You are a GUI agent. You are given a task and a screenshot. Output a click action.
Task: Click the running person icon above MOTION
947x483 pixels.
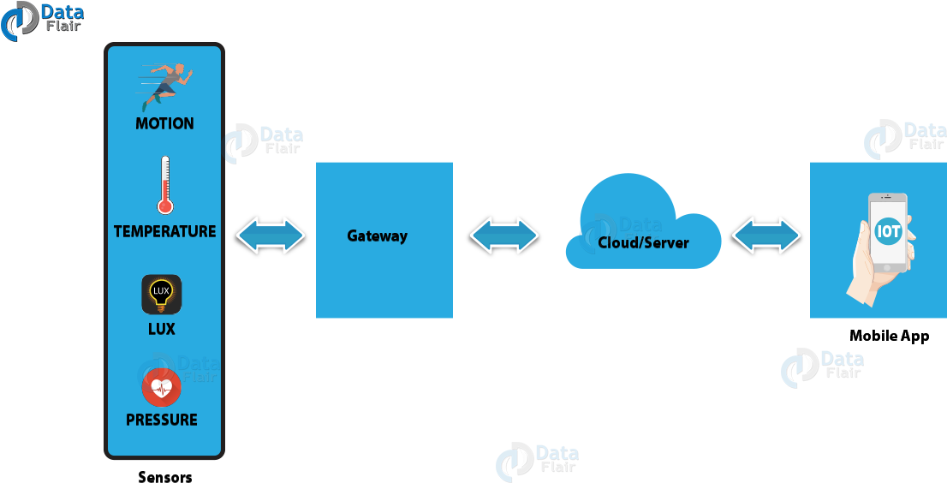[166, 85]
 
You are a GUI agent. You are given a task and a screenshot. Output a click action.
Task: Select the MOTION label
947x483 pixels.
[164, 123]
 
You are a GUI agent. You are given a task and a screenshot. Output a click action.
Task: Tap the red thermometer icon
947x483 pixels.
[164, 185]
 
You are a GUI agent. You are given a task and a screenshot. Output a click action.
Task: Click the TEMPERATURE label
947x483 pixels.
[164, 231]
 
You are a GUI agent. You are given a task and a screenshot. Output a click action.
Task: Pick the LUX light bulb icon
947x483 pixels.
[161, 294]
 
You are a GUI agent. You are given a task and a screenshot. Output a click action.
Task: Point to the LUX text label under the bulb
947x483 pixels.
[161, 329]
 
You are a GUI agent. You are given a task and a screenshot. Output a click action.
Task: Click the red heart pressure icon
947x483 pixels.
[161, 389]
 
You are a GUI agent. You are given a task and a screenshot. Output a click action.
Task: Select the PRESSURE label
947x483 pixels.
[161, 420]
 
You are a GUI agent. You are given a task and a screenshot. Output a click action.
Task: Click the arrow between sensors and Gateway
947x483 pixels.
[271, 236]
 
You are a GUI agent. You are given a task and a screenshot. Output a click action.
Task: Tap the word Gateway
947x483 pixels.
[377, 236]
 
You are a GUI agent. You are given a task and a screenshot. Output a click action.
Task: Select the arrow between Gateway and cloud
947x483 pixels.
[504, 236]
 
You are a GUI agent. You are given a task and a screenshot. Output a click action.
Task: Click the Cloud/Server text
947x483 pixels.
[643, 242]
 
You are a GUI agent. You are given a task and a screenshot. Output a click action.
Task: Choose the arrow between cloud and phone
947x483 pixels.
[766, 236]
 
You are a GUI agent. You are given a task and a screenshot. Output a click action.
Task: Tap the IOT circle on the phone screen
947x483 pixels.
[889, 231]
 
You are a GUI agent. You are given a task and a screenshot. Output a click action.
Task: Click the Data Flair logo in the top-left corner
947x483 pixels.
[42, 20]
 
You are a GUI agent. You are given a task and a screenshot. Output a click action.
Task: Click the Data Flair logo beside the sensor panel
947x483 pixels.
[264, 142]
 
